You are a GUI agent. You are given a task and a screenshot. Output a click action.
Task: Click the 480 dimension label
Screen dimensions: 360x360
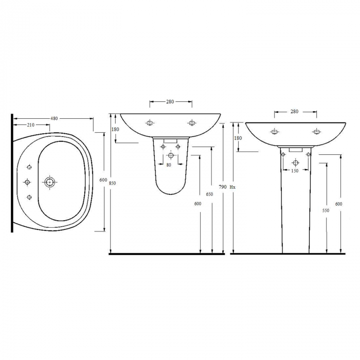(x=54, y=119)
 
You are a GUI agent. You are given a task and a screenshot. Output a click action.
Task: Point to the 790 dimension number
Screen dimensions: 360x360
(x=223, y=187)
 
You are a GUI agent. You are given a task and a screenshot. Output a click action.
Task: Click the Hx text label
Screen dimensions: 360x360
(x=232, y=187)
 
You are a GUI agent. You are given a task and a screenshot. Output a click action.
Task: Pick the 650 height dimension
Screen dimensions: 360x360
(x=209, y=194)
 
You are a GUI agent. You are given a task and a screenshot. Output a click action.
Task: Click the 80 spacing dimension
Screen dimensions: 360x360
(x=169, y=165)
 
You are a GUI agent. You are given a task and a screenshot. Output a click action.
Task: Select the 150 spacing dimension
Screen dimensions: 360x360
(x=295, y=171)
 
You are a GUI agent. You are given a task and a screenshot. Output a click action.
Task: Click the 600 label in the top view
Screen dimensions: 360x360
(x=103, y=179)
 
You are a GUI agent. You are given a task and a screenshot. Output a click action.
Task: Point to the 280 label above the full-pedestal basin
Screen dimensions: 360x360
(x=295, y=111)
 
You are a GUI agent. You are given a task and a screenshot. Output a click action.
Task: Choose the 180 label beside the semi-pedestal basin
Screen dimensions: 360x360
(x=115, y=130)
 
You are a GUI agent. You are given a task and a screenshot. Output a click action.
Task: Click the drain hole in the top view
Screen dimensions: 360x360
(x=50, y=182)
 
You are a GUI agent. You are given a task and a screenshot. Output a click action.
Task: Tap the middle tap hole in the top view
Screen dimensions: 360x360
(x=27, y=182)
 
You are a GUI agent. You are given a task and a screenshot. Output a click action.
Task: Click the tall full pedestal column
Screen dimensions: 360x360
(x=295, y=206)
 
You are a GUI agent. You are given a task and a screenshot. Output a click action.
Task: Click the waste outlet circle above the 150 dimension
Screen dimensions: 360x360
(x=295, y=163)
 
